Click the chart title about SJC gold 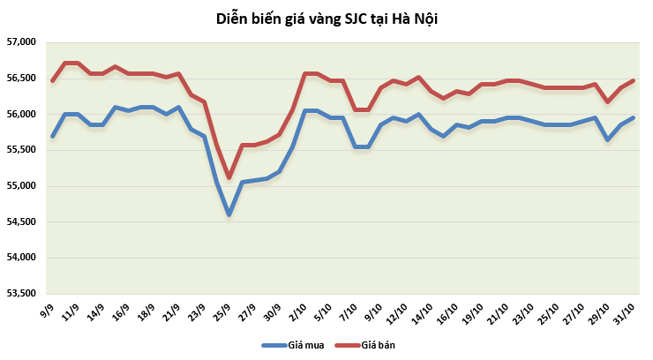[x=326, y=18]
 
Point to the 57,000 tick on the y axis [x=19, y=42]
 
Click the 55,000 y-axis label [x=19, y=186]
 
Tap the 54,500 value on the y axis [x=19, y=222]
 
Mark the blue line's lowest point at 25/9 [x=229, y=214]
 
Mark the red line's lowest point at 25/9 [x=229, y=177]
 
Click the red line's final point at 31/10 [x=634, y=81]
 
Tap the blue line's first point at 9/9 [x=52, y=136]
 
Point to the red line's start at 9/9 [x=52, y=81]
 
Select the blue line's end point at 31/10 [x=634, y=118]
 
